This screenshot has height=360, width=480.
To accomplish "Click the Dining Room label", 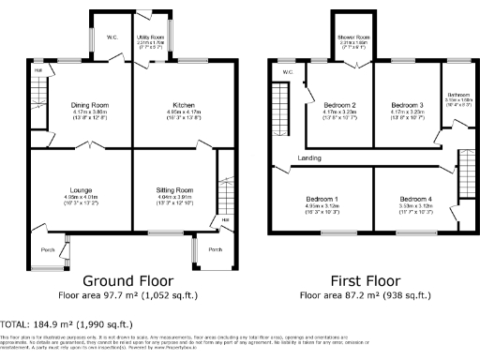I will [91, 105].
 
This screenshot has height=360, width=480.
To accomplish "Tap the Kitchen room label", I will [183, 105].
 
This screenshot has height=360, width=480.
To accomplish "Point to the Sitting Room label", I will [173, 190].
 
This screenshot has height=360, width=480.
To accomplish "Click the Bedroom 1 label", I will [322, 200].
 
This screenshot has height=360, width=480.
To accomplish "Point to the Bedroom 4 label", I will [412, 200].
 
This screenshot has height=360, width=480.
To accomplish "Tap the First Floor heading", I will [366, 280].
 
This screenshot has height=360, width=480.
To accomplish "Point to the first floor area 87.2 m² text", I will [366, 294].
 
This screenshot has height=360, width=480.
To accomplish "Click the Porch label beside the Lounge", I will [47, 250].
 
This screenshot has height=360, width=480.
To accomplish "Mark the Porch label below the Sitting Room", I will [215, 250].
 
